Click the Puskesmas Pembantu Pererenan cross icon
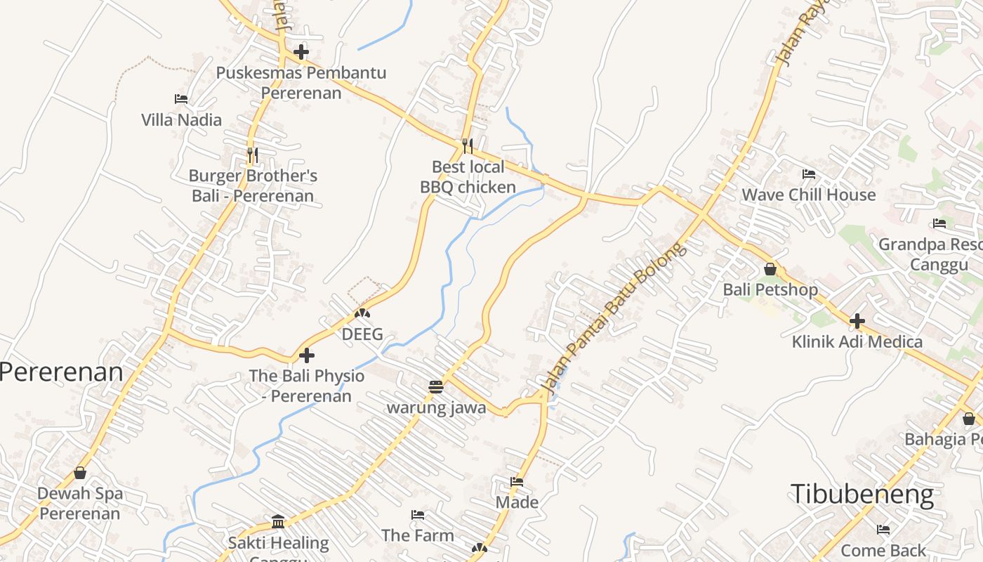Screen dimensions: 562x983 pos(301,52)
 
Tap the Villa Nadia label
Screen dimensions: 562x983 pos(182,120)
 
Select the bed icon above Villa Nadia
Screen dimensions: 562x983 pos(181,99)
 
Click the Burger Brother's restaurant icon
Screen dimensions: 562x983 pos(252,154)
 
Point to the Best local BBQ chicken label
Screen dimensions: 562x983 pos(468,177)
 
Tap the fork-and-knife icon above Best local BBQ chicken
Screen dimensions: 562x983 pos(468,145)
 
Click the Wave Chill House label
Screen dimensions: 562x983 pos(809,195)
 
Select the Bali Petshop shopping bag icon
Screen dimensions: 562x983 pos(770,269)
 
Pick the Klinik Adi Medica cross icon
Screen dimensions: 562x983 pos(857,321)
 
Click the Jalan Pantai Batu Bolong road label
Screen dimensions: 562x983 pos(612,318)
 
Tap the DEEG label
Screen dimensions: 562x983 pos(362,334)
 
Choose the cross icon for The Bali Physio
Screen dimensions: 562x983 pos(307,355)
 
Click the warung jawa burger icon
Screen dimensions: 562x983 pos(436,387)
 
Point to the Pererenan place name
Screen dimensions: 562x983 pos(61,372)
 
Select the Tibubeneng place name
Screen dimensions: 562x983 pos(862,494)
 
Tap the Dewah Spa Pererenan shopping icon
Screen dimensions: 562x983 pos(80,473)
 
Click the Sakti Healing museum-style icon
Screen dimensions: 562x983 pos(279,522)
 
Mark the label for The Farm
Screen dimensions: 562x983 pos(418,535)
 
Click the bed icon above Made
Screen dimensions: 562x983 pos(517,482)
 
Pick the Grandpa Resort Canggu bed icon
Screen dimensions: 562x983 pos(939,224)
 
